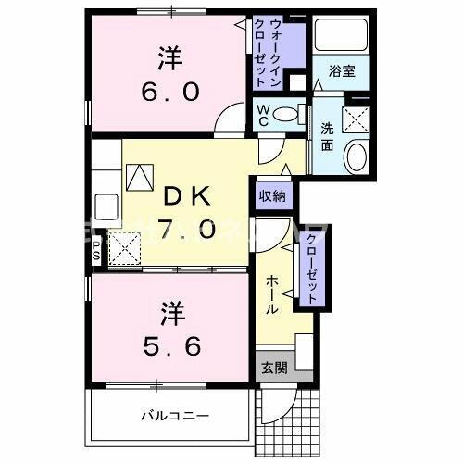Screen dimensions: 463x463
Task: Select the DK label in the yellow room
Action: tap(189, 196)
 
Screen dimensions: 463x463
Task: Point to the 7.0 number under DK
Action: tap(189, 229)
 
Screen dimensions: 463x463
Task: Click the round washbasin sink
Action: tap(356, 156)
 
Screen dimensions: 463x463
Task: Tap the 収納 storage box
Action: tap(272, 195)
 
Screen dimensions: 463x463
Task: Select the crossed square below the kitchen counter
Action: tap(125, 247)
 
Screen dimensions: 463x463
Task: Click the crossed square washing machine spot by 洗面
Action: tap(354, 119)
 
